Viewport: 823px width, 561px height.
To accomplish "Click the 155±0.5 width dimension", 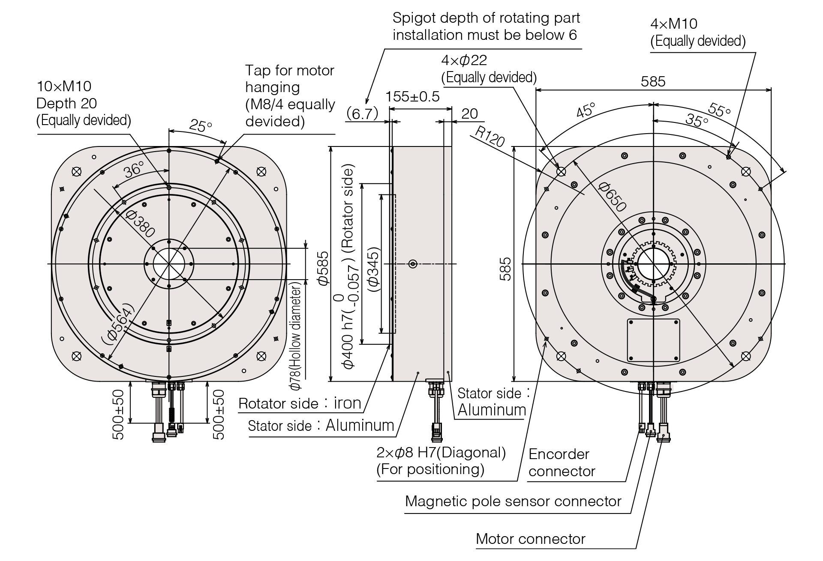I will click(412, 96).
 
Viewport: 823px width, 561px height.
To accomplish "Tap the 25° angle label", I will click(201, 125).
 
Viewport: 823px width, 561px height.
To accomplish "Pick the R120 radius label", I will click(490, 137).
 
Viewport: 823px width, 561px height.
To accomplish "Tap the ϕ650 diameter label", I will click(613, 197).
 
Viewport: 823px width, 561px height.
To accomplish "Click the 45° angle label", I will click(586, 110).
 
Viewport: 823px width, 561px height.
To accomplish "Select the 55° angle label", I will click(720, 110).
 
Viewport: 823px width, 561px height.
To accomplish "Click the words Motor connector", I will click(531, 539).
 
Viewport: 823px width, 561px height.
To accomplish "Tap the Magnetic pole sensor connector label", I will click(513, 501).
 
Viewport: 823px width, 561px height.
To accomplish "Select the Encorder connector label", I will click(562, 463).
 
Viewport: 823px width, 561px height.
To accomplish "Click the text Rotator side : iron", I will click(300, 403).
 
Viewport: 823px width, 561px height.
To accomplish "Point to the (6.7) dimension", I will click(362, 113).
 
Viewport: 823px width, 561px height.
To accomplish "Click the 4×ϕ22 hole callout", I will click(489, 69).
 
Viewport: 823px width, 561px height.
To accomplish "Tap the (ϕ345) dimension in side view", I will click(373, 270).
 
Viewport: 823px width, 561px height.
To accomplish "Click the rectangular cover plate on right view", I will click(654, 340).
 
